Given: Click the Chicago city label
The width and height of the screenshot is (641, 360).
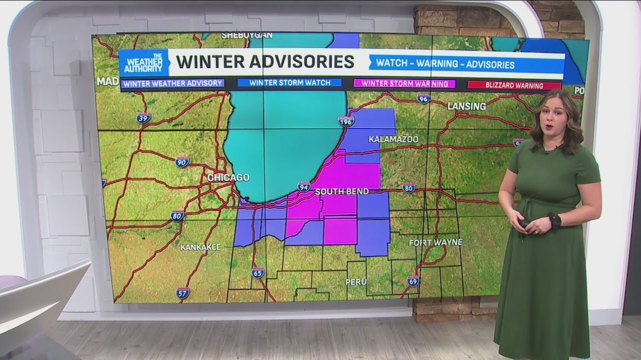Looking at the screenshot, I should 228,177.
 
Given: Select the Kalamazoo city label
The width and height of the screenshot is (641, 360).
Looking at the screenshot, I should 393,139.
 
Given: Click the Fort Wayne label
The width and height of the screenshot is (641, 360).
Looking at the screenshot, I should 436,242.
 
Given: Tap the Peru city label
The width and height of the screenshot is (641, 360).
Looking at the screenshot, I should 356,282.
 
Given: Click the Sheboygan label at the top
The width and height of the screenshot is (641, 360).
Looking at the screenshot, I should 247,35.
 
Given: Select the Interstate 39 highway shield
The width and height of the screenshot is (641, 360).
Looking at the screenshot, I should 143,118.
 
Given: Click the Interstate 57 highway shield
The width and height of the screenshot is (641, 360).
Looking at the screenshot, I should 183,293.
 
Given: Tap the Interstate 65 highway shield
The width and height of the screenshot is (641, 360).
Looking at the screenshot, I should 258,272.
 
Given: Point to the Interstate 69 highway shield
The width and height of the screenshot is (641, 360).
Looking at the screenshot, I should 413,281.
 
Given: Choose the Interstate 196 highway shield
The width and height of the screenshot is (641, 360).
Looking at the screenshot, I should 346,121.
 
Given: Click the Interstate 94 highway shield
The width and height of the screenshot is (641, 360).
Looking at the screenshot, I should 304,186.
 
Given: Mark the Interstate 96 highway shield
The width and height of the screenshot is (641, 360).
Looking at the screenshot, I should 424,98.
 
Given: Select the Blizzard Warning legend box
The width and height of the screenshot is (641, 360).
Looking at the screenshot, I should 514,85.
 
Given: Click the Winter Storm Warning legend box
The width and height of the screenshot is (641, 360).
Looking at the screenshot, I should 405,83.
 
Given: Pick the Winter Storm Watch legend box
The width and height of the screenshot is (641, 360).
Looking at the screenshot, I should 289,83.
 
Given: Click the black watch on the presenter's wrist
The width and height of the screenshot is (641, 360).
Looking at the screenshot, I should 554,220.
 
